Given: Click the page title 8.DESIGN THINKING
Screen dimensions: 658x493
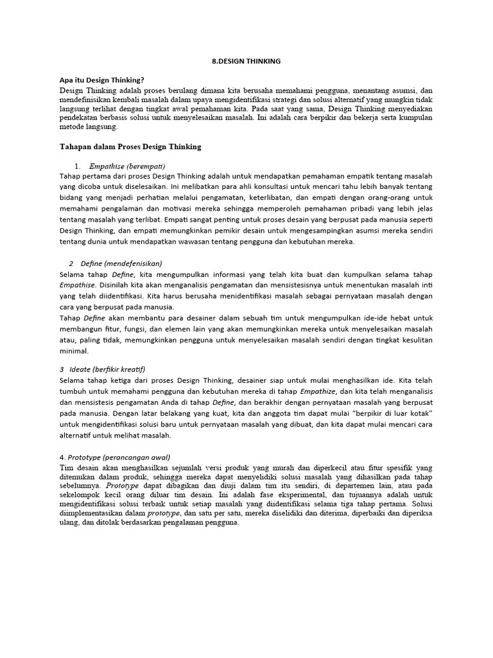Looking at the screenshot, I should [x=246, y=60].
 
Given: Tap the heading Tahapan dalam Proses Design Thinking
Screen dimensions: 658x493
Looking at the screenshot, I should [x=130, y=147].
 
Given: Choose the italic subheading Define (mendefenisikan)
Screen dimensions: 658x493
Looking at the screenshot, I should [x=121, y=263].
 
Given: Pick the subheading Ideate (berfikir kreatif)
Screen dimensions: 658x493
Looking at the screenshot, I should [x=114, y=369].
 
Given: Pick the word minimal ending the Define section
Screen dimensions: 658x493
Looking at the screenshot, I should [x=74, y=351].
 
